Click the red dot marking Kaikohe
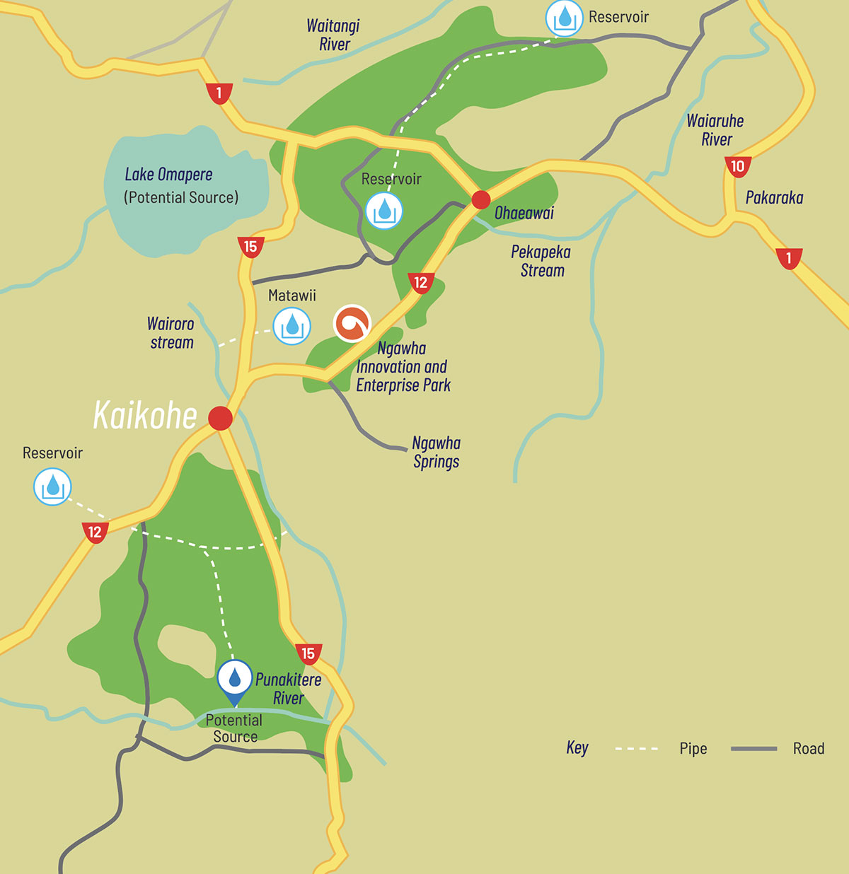coord(220,418)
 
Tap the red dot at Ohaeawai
coord(481,199)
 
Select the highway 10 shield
coord(737,167)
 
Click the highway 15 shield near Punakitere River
coord(308,654)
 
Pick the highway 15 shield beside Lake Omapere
coord(250,247)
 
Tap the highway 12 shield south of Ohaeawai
coord(421,283)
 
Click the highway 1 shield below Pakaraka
coord(789,258)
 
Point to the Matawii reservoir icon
coord(292,327)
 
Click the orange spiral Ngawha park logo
coord(352,324)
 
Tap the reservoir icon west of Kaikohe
coord(53,487)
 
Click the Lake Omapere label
coord(168,175)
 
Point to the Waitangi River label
coord(333,35)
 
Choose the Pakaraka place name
coord(774,198)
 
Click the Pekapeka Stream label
coord(541,261)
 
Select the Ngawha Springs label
coord(436,453)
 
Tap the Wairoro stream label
coord(171,333)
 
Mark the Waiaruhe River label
coord(715,130)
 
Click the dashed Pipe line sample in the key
coord(637,749)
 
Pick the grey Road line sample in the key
coord(753,749)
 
